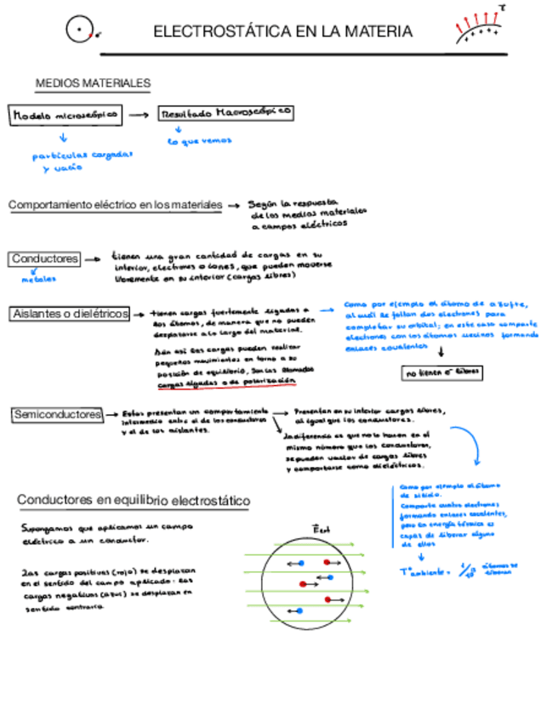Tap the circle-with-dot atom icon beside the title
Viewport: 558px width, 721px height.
tap(79, 31)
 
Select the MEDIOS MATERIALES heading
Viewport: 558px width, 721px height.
tap(93, 83)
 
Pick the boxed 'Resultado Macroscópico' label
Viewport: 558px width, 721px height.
tap(226, 111)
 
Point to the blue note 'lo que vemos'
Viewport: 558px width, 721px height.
tap(200, 140)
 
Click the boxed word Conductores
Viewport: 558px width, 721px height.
tap(45, 258)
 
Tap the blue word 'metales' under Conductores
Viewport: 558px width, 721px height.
tap(39, 278)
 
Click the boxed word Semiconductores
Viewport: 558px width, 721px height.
tap(56, 414)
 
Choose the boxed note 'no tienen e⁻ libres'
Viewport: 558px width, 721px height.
tap(442, 372)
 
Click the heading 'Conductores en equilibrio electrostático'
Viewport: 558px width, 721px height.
tap(134, 502)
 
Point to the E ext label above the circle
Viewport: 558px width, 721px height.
tap(322, 529)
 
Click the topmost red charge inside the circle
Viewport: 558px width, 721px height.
tap(327, 563)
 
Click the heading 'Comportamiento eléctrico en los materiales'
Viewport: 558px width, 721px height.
tap(116, 205)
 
